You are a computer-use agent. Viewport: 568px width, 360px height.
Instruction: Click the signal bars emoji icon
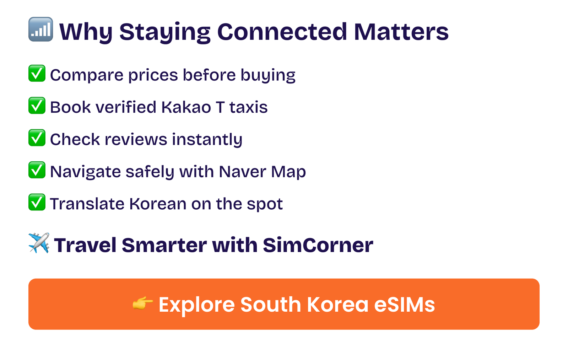40,29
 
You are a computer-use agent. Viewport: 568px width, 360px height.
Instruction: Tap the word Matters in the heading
401,32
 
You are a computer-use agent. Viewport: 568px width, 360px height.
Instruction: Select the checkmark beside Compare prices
37,73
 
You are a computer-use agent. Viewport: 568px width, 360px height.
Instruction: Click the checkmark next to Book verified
37,106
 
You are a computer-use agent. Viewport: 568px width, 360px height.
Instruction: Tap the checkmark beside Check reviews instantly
37,138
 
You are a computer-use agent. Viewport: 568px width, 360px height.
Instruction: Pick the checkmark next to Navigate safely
37,170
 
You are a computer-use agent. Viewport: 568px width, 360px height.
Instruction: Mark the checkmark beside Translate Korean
37,202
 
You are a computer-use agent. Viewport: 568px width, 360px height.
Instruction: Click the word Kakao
186,107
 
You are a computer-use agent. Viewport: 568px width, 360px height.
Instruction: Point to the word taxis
249,107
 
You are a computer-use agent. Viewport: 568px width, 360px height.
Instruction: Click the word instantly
207,140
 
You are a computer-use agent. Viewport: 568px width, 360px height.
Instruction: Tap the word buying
268,75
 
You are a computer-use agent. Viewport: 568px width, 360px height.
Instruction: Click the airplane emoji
39,243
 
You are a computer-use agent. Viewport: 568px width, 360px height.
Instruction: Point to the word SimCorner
318,245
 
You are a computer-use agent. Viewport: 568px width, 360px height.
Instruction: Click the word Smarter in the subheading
164,245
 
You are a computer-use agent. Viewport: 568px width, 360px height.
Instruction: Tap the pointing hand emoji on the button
143,303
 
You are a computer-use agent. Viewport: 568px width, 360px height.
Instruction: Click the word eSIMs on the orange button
405,305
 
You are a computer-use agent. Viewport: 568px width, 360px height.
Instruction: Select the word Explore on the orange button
197,305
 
